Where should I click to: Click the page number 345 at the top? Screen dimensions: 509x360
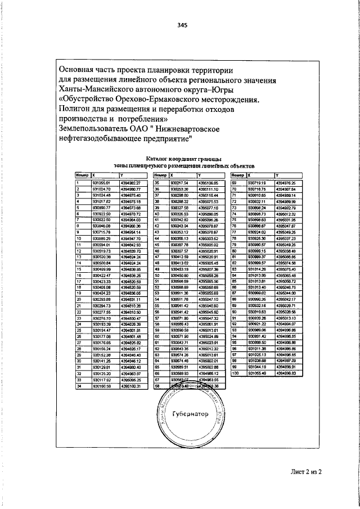pyautogui.click(x=182, y=25)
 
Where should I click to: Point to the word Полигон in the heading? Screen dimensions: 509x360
pyautogui.click(x=77, y=110)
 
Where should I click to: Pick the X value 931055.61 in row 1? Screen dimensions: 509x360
pyautogui.click(x=102, y=183)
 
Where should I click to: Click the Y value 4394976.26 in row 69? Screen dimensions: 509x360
pyautogui.click(x=286, y=183)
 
